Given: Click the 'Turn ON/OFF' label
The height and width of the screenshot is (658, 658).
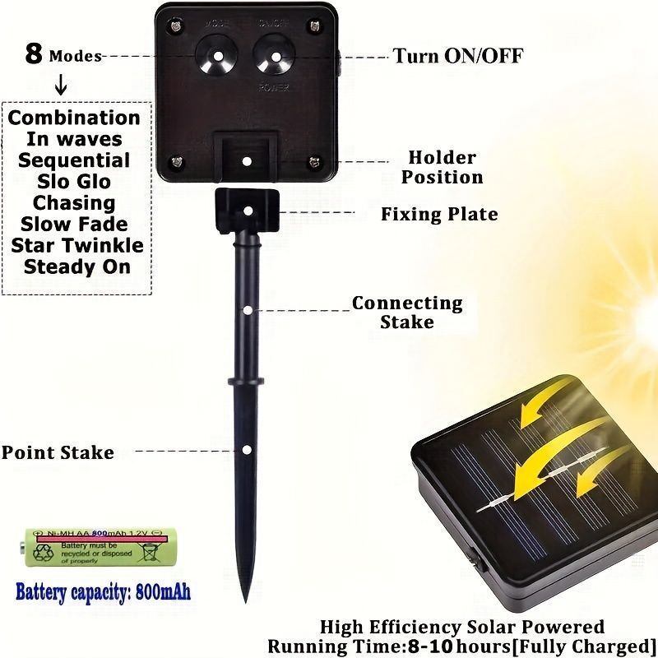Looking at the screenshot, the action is [x=457, y=56].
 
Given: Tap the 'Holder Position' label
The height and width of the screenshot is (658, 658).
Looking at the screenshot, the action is [x=442, y=167].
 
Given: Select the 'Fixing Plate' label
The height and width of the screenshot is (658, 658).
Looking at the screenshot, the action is [x=439, y=215].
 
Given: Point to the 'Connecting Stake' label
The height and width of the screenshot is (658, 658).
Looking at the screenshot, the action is [x=407, y=313].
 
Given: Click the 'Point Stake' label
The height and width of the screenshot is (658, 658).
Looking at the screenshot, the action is [x=58, y=452].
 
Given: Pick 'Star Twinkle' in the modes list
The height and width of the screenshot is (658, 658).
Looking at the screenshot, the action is [x=77, y=245].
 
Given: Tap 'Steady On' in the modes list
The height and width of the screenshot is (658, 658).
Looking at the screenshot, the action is [x=77, y=266].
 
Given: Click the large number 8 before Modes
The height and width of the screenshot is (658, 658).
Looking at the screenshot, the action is [x=34, y=54].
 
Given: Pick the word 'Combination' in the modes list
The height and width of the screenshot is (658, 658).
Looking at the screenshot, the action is [x=74, y=118].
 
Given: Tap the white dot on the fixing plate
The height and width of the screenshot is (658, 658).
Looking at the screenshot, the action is [x=248, y=211].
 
